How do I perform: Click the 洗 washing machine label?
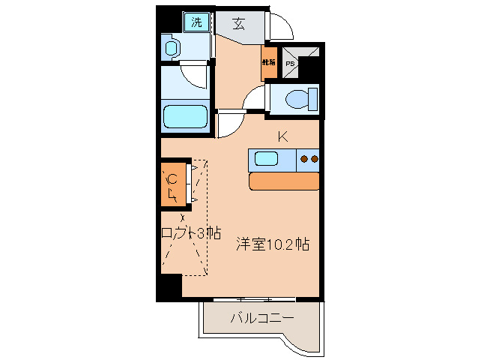click(x=196, y=22)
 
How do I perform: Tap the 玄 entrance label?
click(x=238, y=23)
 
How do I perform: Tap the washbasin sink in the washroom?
click(x=171, y=49)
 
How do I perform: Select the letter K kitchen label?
click(x=283, y=136)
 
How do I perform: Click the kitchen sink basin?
click(x=267, y=158)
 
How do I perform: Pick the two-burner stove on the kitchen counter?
click(x=308, y=158)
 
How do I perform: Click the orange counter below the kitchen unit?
click(x=284, y=181)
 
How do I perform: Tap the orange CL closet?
click(x=172, y=184)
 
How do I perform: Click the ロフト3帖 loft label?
click(x=191, y=232)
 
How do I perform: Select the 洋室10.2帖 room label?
click(x=273, y=244)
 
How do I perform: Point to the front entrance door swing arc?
click(x=280, y=28)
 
